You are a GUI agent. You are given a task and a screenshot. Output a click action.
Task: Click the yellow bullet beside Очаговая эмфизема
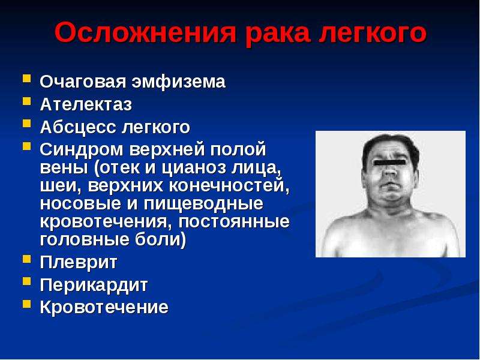tap(26, 79)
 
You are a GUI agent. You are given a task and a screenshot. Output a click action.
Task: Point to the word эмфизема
tap(178, 82)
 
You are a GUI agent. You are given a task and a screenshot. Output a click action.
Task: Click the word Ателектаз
tap(86, 104)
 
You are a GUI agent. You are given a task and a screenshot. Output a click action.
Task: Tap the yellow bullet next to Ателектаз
tap(26, 101)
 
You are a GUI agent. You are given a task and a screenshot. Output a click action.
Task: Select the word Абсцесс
tap(78, 127)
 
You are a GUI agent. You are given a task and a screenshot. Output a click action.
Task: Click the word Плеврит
tap(79, 262)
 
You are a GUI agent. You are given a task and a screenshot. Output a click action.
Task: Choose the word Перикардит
tap(94, 286)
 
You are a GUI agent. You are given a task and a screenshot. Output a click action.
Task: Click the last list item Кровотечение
tap(104, 307)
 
